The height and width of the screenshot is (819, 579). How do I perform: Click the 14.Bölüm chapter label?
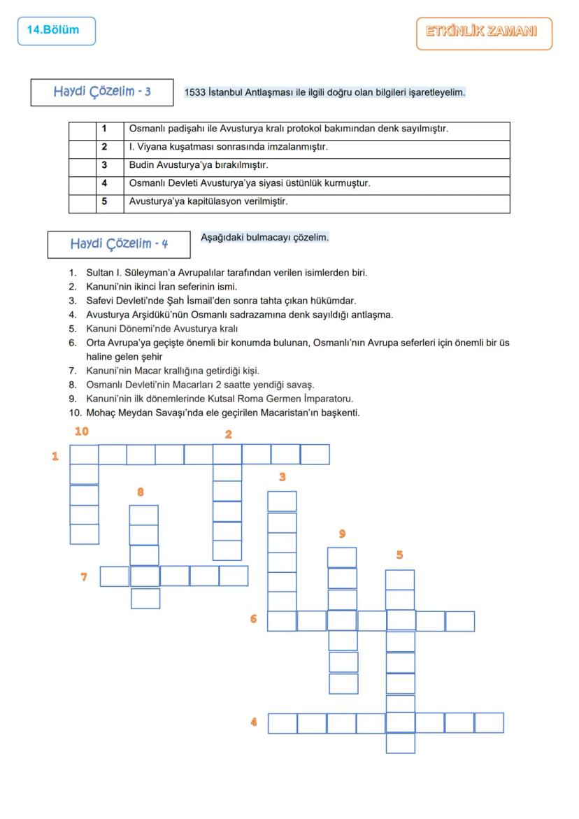[x=55, y=31]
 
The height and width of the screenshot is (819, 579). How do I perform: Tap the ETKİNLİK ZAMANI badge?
[x=483, y=33]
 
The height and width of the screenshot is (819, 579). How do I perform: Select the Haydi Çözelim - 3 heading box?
[x=101, y=92]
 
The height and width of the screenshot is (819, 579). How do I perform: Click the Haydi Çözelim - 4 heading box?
[x=118, y=244]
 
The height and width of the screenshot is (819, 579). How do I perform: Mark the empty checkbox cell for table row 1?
[x=82, y=130]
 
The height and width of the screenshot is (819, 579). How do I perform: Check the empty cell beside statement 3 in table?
[x=82, y=166]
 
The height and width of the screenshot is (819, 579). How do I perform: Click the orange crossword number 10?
[x=82, y=432]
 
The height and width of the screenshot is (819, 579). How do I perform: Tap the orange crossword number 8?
[x=141, y=492]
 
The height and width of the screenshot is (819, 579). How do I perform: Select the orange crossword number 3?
[x=282, y=477]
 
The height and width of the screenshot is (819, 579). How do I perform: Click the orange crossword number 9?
[x=342, y=534]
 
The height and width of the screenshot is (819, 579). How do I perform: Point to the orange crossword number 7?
[x=84, y=577]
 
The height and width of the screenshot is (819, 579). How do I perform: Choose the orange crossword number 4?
[x=254, y=722]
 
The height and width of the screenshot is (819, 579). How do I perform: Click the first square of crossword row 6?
[x=282, y=621]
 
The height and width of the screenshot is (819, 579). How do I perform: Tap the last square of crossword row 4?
[x=489, y=723]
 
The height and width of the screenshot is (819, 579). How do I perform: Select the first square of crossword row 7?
[x=115, y=576]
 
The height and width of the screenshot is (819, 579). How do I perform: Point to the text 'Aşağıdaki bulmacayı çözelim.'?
[x=264, y=238]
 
